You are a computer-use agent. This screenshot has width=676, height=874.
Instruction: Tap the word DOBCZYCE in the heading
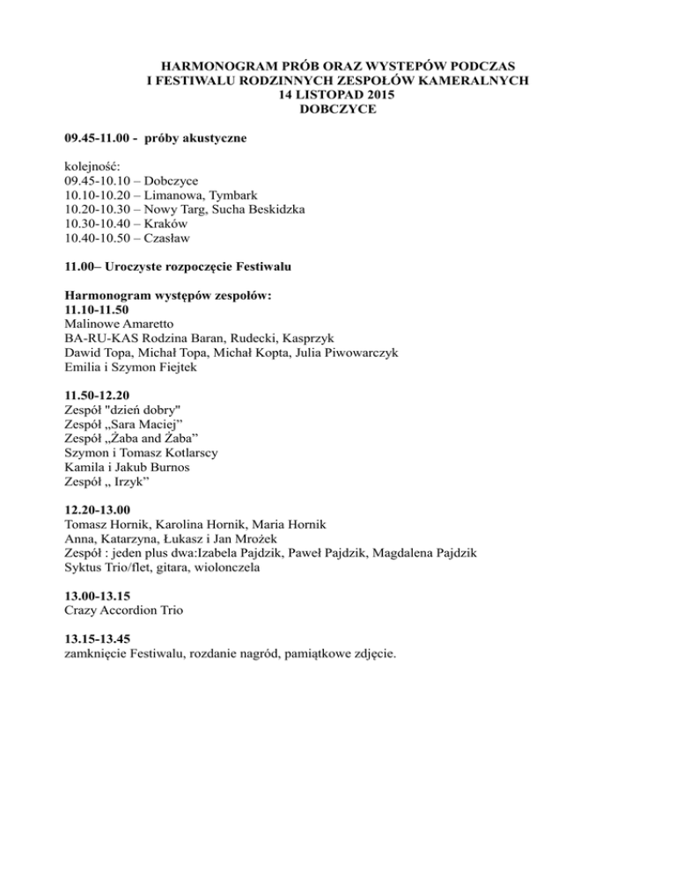[338, 109]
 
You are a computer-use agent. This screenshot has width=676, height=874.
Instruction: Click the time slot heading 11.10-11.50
[98, 310]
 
